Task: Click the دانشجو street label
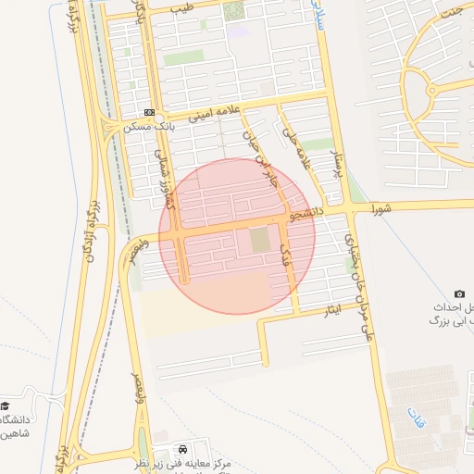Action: click(x=306, y=214)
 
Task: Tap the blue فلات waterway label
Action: click(x=414, y=418)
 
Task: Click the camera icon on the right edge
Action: click(x=460, y=293)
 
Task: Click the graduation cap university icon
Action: click(x=6, y=406)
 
